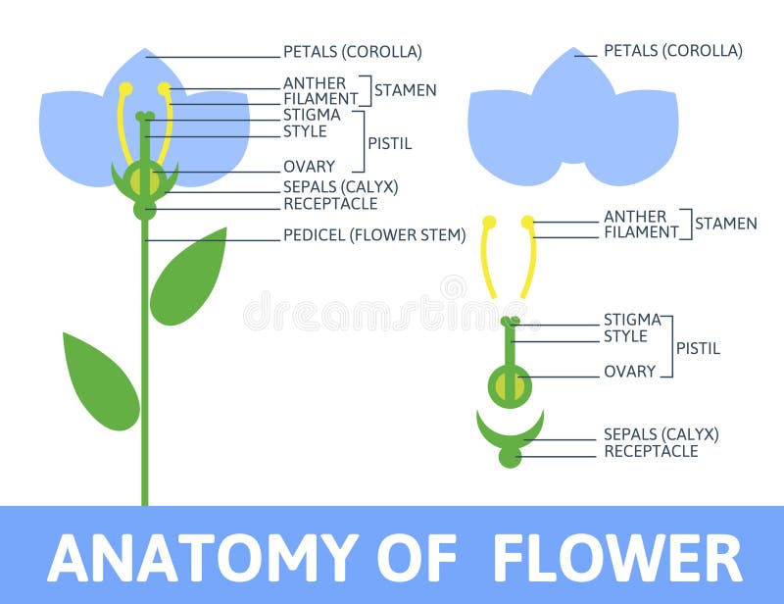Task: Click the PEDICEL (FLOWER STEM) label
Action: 374,235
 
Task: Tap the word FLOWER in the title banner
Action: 616,558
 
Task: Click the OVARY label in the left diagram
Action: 309,167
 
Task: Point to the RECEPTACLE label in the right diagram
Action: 651,451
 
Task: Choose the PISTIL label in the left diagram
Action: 389,143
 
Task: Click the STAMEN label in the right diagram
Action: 725,224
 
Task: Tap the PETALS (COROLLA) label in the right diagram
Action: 672,50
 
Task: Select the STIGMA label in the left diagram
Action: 312,115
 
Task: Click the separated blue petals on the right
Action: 572,123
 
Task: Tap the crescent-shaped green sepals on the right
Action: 510,432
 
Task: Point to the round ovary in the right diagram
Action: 510,385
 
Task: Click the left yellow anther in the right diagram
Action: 489,223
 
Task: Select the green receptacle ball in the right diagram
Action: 510,457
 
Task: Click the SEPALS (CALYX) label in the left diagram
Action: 340,186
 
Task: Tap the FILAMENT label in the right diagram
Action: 641,232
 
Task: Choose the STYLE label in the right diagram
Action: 625,336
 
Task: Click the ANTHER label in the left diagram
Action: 314,83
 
